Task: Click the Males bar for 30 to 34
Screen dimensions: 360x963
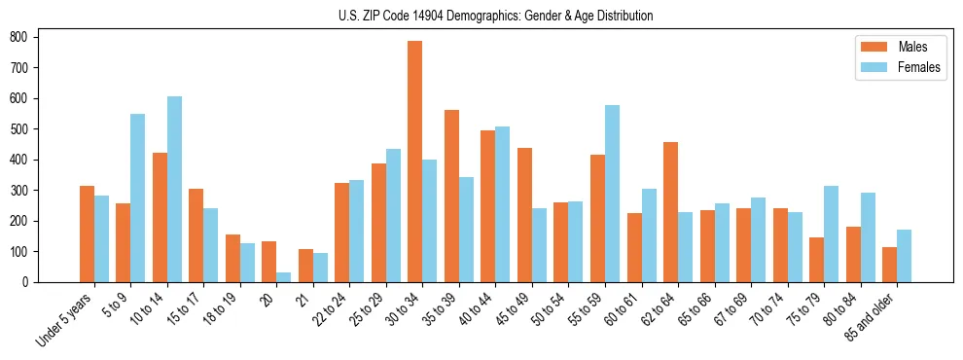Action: click(x=415, y=162)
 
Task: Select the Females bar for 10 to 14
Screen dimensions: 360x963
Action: click(x=174, y=190)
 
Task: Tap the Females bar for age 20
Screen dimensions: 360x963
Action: click(x=284, y=277)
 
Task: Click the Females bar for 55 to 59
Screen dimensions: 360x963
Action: click(x=612, y=194)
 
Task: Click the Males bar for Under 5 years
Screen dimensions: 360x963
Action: click(x=87, y=234)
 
